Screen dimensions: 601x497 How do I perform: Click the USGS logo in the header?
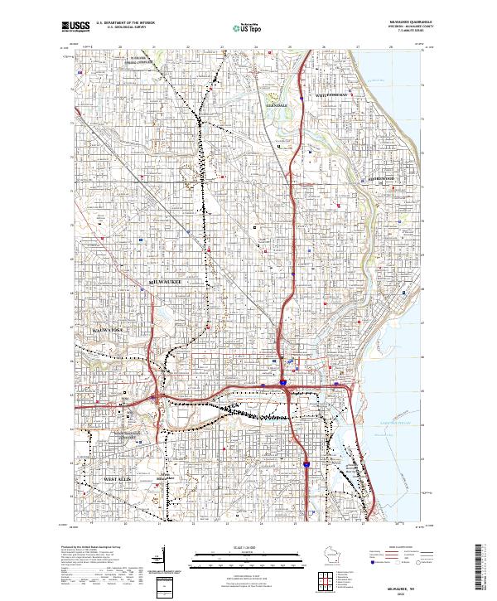point(75,27)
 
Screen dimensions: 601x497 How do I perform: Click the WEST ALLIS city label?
point(118,480)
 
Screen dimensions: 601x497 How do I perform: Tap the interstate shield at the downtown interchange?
point(282,383)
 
